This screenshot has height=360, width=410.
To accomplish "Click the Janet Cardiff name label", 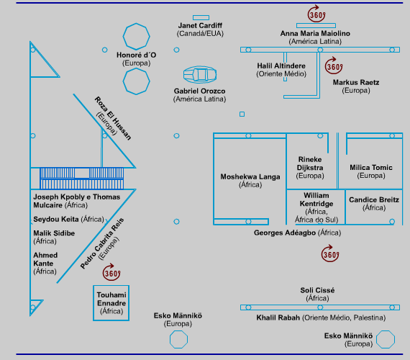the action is [x=200, y=26].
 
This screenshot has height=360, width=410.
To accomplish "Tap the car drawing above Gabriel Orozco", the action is [x=200, y=75].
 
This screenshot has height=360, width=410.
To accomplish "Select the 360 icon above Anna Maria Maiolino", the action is [x=316, y=14].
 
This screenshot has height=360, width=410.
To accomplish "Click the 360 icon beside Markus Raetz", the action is [x=334, y=66].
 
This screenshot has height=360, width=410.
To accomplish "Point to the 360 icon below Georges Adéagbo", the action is [x=330, y=253].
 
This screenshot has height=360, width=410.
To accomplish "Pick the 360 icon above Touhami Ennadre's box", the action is [x=111, y=272].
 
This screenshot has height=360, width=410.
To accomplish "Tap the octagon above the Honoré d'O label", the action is [x=136, y=37].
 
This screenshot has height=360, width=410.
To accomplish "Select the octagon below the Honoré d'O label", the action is [x=136, y=81].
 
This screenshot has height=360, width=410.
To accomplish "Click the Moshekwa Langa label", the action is [x=250, y=176].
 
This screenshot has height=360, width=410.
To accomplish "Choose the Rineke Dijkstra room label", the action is [x=310, y=163].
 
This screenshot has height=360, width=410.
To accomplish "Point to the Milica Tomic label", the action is [x=371, y=168].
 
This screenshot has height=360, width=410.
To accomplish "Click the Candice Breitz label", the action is [x=374, y=199].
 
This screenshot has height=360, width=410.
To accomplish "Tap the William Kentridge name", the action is [x=316, y=199].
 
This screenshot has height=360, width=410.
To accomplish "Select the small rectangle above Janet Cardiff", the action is [x=201, y=17].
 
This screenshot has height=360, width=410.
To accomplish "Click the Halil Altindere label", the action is [x=281, y=66].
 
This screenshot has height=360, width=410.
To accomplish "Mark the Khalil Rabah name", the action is [x=278, y=318].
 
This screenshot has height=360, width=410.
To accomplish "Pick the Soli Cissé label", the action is [x=317, y=290].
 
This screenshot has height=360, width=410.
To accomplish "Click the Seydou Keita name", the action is [x=56, y=219].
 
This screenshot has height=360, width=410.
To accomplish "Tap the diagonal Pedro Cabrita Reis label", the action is [x=102, y=243].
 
